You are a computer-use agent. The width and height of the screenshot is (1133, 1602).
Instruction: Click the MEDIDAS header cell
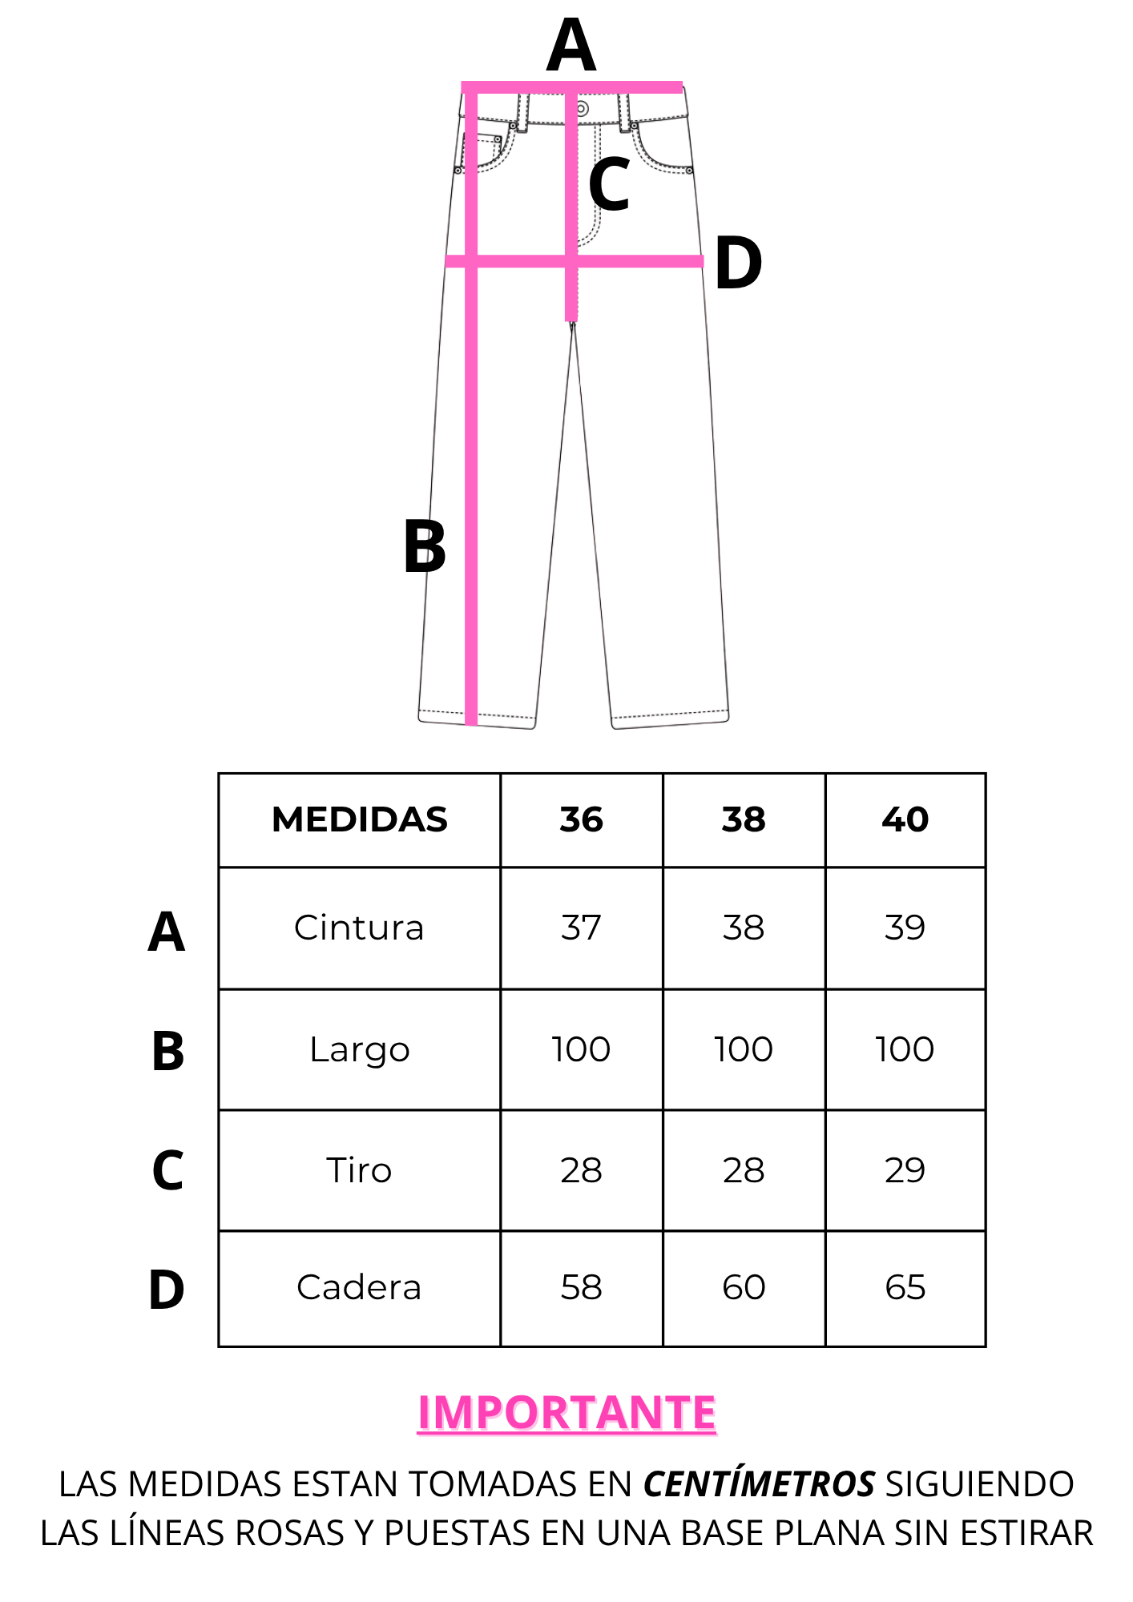click(x=360, y=819)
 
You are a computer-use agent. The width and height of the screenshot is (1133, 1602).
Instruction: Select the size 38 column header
click(x=744, y=819)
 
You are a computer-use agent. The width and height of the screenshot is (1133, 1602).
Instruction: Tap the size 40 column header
click(x=905, y=819)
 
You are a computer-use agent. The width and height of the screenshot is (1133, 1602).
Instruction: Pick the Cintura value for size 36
click(x=581, y=928)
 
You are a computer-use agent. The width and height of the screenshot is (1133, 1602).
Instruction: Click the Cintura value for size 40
click(x=905, y=928)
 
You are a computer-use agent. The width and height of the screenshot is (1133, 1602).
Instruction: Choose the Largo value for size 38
click(x=744, y=1049)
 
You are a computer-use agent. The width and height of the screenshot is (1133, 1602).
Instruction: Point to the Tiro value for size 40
click(x=905, y=1170)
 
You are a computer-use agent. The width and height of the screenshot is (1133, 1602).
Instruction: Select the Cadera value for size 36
click(x=581, y=1287)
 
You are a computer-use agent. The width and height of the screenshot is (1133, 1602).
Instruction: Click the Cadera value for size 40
click(x=905, y=1287)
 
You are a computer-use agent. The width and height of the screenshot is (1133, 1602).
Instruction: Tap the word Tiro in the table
click(x=359, y=1170)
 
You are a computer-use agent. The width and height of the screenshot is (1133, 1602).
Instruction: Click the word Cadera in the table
click(x=359, y=1287)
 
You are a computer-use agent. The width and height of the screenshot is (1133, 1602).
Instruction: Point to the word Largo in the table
click(x=360, y=1050)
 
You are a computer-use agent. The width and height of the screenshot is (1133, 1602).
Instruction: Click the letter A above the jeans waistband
click(x=571, y=46)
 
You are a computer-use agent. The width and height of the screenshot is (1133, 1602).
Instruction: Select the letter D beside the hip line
click(x=738, y=263)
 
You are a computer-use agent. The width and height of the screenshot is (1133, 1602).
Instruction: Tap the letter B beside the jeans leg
click(x=425, y=546)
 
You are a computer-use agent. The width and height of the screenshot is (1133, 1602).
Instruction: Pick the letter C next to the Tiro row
click(x=167, y=1170)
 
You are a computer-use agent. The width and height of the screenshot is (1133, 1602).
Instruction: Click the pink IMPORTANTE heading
click(x=566, y=1412)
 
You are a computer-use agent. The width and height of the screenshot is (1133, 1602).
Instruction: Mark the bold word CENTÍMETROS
click(x=759, y=1484)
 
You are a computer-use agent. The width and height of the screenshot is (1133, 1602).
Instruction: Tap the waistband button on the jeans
click(x=583, y=109)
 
